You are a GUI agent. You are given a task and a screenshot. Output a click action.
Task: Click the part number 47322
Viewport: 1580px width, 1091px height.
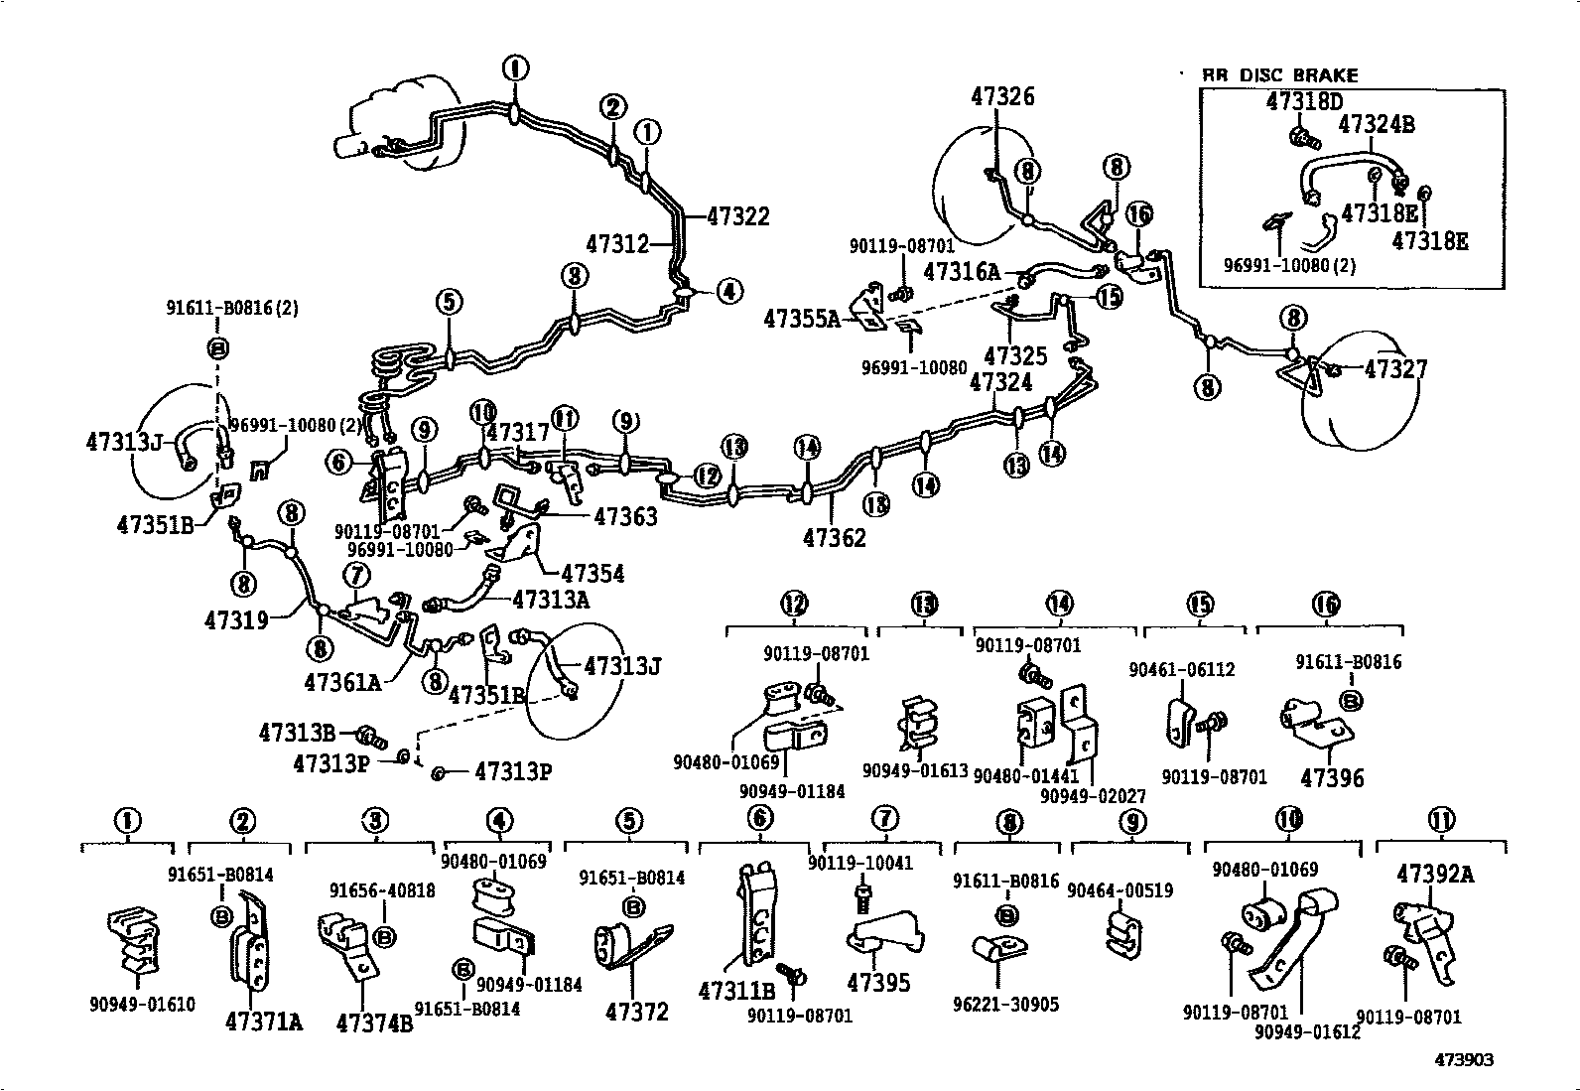point(738,216)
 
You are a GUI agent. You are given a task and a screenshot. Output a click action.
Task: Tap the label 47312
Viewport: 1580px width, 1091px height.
point(617,243)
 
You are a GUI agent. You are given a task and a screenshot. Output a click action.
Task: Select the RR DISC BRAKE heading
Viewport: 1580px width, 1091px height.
point(1279,75)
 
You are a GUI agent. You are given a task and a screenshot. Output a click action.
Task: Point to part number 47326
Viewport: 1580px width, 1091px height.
point(1002,96)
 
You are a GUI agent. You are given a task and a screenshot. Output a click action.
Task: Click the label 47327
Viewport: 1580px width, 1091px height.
point(1395,369)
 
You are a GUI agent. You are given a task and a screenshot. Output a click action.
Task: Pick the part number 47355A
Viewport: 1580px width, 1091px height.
point(802,319)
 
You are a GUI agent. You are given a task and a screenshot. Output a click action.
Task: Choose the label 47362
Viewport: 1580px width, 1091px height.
point(834,537)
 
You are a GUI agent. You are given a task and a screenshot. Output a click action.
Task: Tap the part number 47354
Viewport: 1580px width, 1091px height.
point(592,574)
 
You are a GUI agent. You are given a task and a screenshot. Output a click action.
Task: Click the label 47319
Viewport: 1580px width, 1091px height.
point(237,620)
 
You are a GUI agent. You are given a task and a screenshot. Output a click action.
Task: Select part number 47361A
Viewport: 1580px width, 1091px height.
point(342,682)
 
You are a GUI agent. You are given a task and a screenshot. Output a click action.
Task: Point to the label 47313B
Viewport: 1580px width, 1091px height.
point(297,733)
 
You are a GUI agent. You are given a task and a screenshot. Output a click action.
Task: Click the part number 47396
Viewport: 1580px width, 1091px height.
point(1332,778)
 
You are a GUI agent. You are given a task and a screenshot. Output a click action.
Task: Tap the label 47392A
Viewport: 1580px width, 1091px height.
point(1435,875)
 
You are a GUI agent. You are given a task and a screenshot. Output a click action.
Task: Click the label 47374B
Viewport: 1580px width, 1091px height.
point(374,1023)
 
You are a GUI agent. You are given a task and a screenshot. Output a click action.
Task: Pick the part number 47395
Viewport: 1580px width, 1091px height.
point(878,983)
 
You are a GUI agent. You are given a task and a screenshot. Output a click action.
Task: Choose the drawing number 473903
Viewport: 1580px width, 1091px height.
point(1463,1060)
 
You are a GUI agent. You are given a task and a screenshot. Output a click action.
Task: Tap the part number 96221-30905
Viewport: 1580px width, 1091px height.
point(1005,1005)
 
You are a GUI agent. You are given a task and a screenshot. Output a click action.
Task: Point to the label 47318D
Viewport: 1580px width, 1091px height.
point(1304,101)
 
